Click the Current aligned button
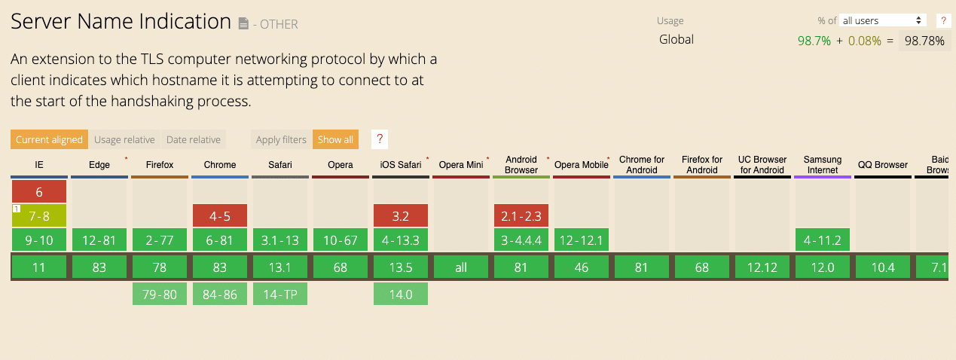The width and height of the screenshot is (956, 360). pos(49,139)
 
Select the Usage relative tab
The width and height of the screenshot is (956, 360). pos(124,139)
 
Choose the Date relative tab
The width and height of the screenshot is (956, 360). pos(194,139)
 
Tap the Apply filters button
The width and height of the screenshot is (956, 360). pos(281,139)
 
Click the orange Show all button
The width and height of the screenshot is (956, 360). pos(335,139)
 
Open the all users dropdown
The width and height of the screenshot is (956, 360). pos(883,20)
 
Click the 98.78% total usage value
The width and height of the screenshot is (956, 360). pos(924,41)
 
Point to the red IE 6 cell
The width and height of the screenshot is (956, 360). pos(39,191)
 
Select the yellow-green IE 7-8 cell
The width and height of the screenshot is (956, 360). pos(39,216)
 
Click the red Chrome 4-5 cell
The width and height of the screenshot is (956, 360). pos(220,216)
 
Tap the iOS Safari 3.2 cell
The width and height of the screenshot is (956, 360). pos(401,216)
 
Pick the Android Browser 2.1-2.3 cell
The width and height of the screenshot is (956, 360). pos(521,216)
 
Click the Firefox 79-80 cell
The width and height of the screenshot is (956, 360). pos(160,294)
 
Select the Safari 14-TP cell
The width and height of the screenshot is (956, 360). pos(280,294)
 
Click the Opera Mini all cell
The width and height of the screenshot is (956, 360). pos(461,267)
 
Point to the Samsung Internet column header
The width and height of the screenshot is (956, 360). pos(823,165)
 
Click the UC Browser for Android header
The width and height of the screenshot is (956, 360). pos(762,165)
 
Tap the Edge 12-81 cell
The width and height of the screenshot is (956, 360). pos(99,241)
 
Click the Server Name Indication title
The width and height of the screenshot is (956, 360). pos(121,22)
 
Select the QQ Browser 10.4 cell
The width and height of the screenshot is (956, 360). pos(883,267)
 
